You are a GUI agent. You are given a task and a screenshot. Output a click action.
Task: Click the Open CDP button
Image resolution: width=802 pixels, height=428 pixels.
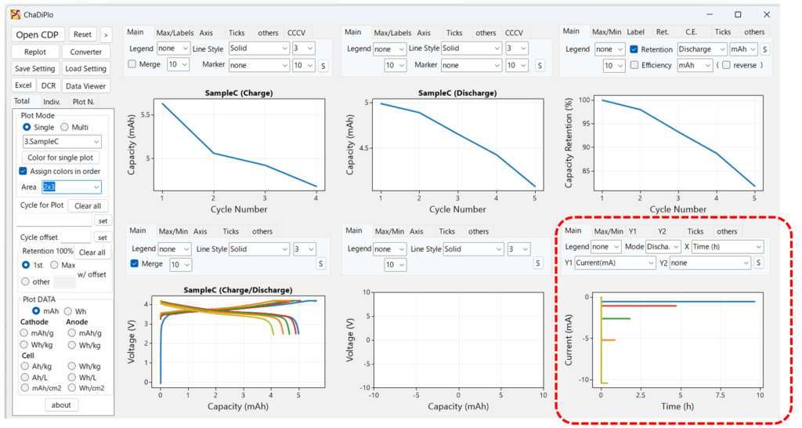click(38, 34)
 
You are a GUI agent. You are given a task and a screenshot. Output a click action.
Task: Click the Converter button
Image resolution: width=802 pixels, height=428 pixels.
click(85, 52)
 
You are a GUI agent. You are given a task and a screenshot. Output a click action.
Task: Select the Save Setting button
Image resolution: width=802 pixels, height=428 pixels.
click(34, 69)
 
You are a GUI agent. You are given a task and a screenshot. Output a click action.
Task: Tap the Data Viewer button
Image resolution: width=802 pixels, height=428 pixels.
click(85, 86)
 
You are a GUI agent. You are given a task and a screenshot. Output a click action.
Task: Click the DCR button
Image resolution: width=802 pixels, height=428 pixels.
click(49, 86)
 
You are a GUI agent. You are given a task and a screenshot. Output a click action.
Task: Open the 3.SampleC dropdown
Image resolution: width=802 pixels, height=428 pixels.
click(62, 142)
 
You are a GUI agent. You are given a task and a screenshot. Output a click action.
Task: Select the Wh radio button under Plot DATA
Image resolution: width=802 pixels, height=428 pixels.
click(69, 311)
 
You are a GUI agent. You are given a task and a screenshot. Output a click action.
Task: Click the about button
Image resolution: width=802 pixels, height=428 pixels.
click(61, 405)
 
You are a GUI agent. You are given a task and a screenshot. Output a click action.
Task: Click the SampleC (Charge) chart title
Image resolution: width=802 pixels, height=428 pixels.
click(240, 92)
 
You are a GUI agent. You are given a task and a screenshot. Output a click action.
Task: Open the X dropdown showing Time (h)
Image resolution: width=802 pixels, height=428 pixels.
click(726, 247)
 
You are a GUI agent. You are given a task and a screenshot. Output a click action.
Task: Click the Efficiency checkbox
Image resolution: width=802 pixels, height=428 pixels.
click(634, 66)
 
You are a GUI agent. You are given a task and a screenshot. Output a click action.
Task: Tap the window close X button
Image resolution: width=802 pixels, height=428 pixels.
click(766, 14)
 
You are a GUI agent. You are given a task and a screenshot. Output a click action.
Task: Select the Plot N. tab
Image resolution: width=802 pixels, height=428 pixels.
click(83, 102)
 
